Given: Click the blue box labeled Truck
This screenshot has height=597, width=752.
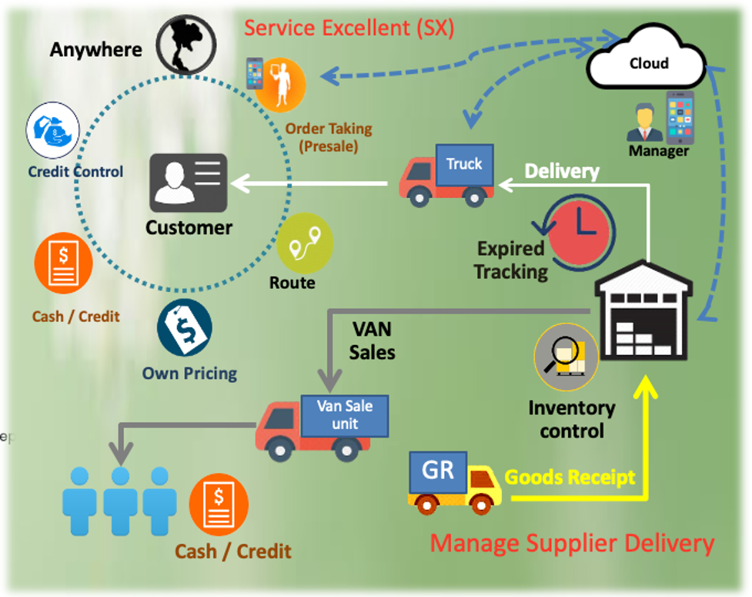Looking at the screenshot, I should pyautogui.click(x=464, y=164).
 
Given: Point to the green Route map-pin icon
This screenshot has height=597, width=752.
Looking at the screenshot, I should pyautogui.click(x=305, y=243).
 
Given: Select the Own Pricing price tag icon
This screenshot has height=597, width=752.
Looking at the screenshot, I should pyautogui.click(x=185, y=328).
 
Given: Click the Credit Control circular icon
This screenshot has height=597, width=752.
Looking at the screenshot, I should pyautogui.click(x=54, y=132).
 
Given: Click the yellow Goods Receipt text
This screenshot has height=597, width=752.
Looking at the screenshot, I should pyautogui.click(x=570, y=478).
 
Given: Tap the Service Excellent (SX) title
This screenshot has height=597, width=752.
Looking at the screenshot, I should pyautogui.click(x=349, y=29).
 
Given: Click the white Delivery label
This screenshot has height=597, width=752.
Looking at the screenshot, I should pyautogui.click(x=561, y=171).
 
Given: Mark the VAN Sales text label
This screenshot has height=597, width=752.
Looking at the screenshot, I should pyautogui.click(x=372, y=341).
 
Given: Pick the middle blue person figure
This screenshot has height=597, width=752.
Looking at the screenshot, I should pyautogui.click(x=120, y=498).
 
